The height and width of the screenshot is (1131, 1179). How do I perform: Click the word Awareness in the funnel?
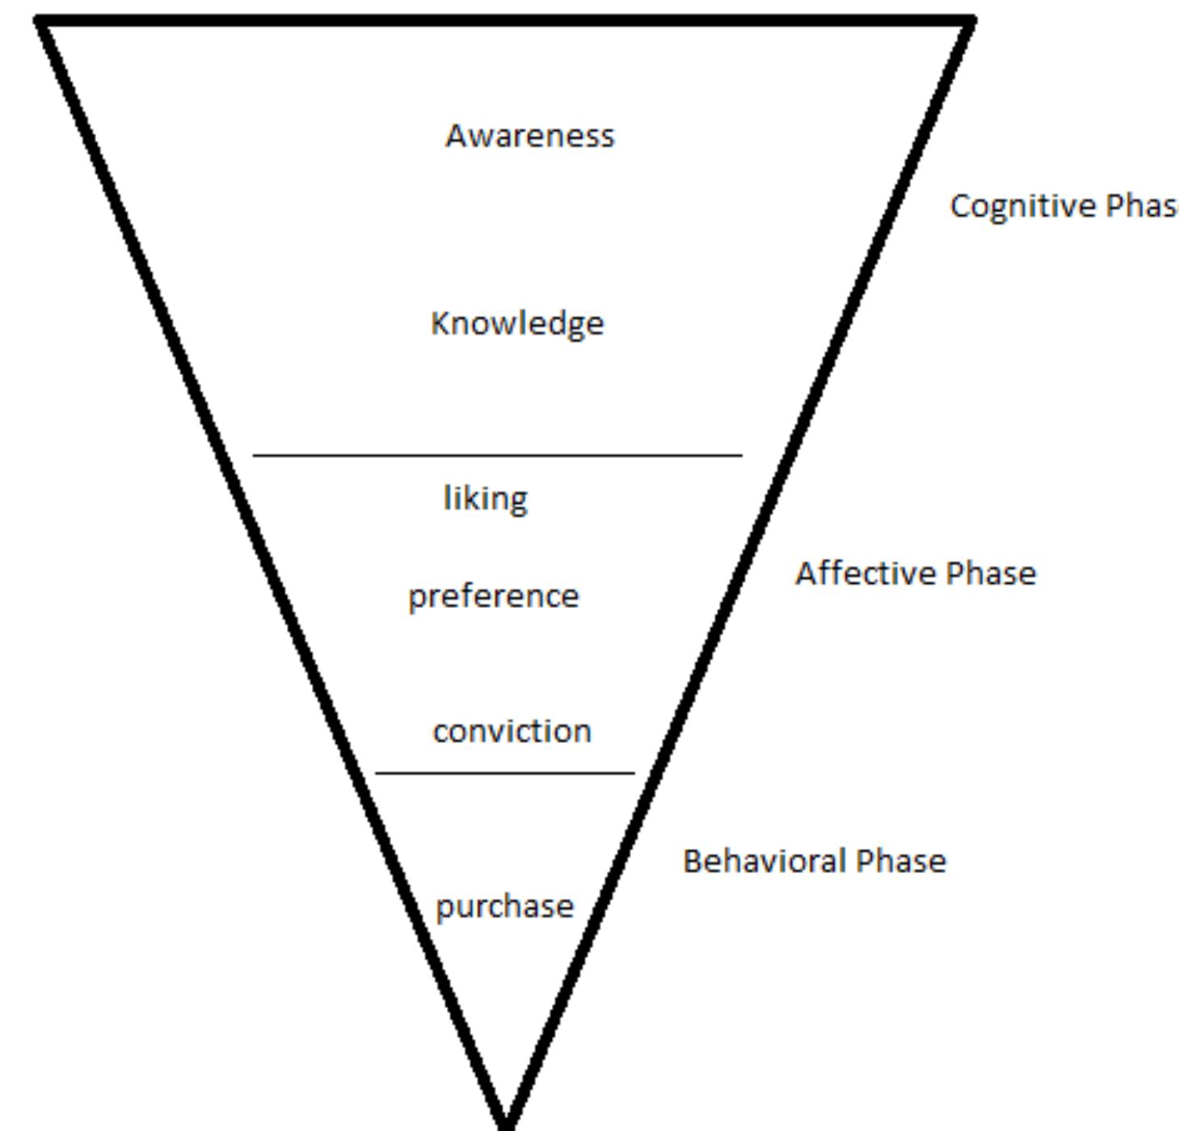(x=529, y=136)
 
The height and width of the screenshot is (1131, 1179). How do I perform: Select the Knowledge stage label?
(x=517, y=323)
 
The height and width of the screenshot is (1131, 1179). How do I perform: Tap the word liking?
(x=485, y=498)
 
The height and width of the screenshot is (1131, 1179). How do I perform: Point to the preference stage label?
(x=493, y=597)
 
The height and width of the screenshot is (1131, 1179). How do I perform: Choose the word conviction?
(x=512, y=731)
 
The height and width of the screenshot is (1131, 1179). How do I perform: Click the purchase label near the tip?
(x=504, y=906)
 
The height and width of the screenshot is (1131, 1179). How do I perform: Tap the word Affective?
(x=865, y=573)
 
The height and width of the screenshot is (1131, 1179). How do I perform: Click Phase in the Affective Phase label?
(x=992, y=573)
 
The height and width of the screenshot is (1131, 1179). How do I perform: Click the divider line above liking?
(x=497, y=456)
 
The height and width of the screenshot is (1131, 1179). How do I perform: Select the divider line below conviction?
(x=505, y=774)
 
